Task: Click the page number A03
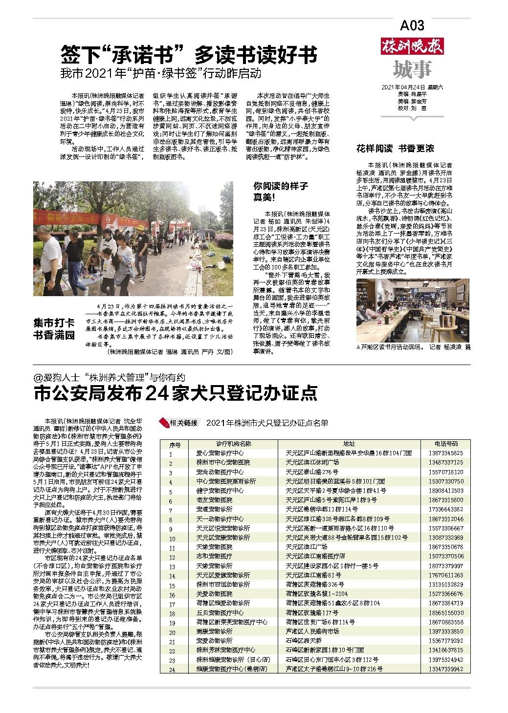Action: coord(412,25)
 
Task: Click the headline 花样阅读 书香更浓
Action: coord(395,148)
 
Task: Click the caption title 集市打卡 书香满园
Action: coord(54,329)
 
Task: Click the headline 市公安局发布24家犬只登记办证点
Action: coord(176,393)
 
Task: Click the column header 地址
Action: coord(349,444)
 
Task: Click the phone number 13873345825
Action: coord(446,453)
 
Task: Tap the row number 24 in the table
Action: coord(172,670)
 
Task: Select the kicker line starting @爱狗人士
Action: coord(110,377)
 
